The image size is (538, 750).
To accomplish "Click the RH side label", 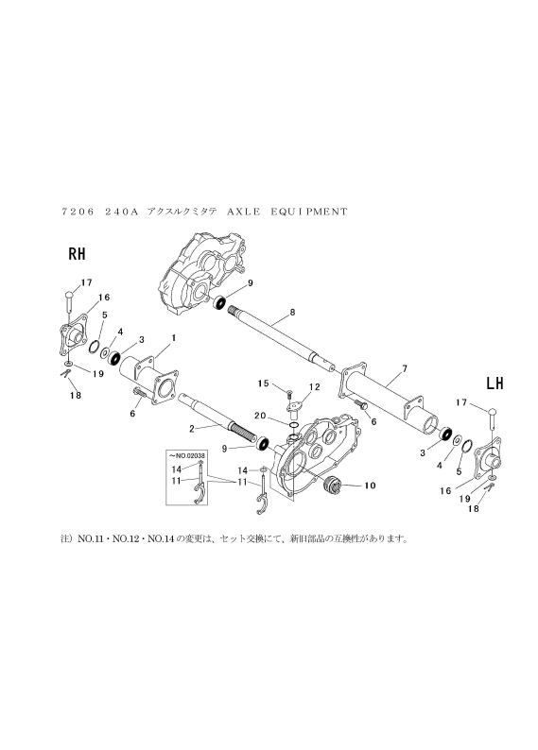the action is tap(78, 253).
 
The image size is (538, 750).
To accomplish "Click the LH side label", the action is tap(495, 384).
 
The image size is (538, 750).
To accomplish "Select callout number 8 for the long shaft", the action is tap(292, 313).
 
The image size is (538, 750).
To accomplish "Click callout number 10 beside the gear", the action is tap(370, 486).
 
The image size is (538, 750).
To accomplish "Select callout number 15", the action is tap(263, 384).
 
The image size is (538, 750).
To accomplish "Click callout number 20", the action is tap(260, 417).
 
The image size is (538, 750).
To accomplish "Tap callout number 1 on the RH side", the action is tap(174, 338).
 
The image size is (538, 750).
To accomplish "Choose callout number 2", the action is tap(191, 429).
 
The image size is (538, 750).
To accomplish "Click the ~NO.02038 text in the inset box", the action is tap(184, 455).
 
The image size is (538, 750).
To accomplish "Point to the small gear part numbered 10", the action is tap(333, 485).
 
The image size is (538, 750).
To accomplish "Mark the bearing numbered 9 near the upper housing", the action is tap(220, 303).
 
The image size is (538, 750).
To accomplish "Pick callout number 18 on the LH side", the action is tap(474, 509).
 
